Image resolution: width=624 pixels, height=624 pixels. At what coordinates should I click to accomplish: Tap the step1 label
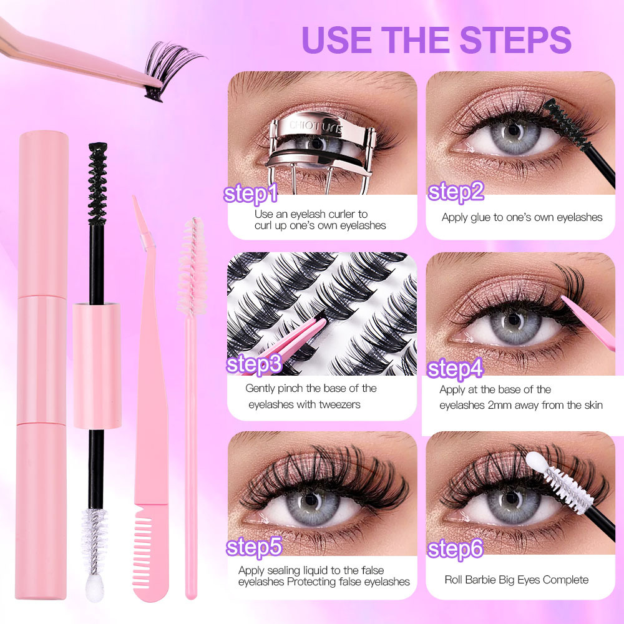point(251,194)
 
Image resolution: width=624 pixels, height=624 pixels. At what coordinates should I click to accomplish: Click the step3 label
point(254,364)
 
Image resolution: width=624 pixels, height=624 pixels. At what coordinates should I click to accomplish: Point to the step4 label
point(456,369)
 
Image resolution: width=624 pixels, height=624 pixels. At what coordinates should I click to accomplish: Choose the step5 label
point(254,547)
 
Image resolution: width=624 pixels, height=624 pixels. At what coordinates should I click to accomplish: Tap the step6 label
point(456,549)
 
